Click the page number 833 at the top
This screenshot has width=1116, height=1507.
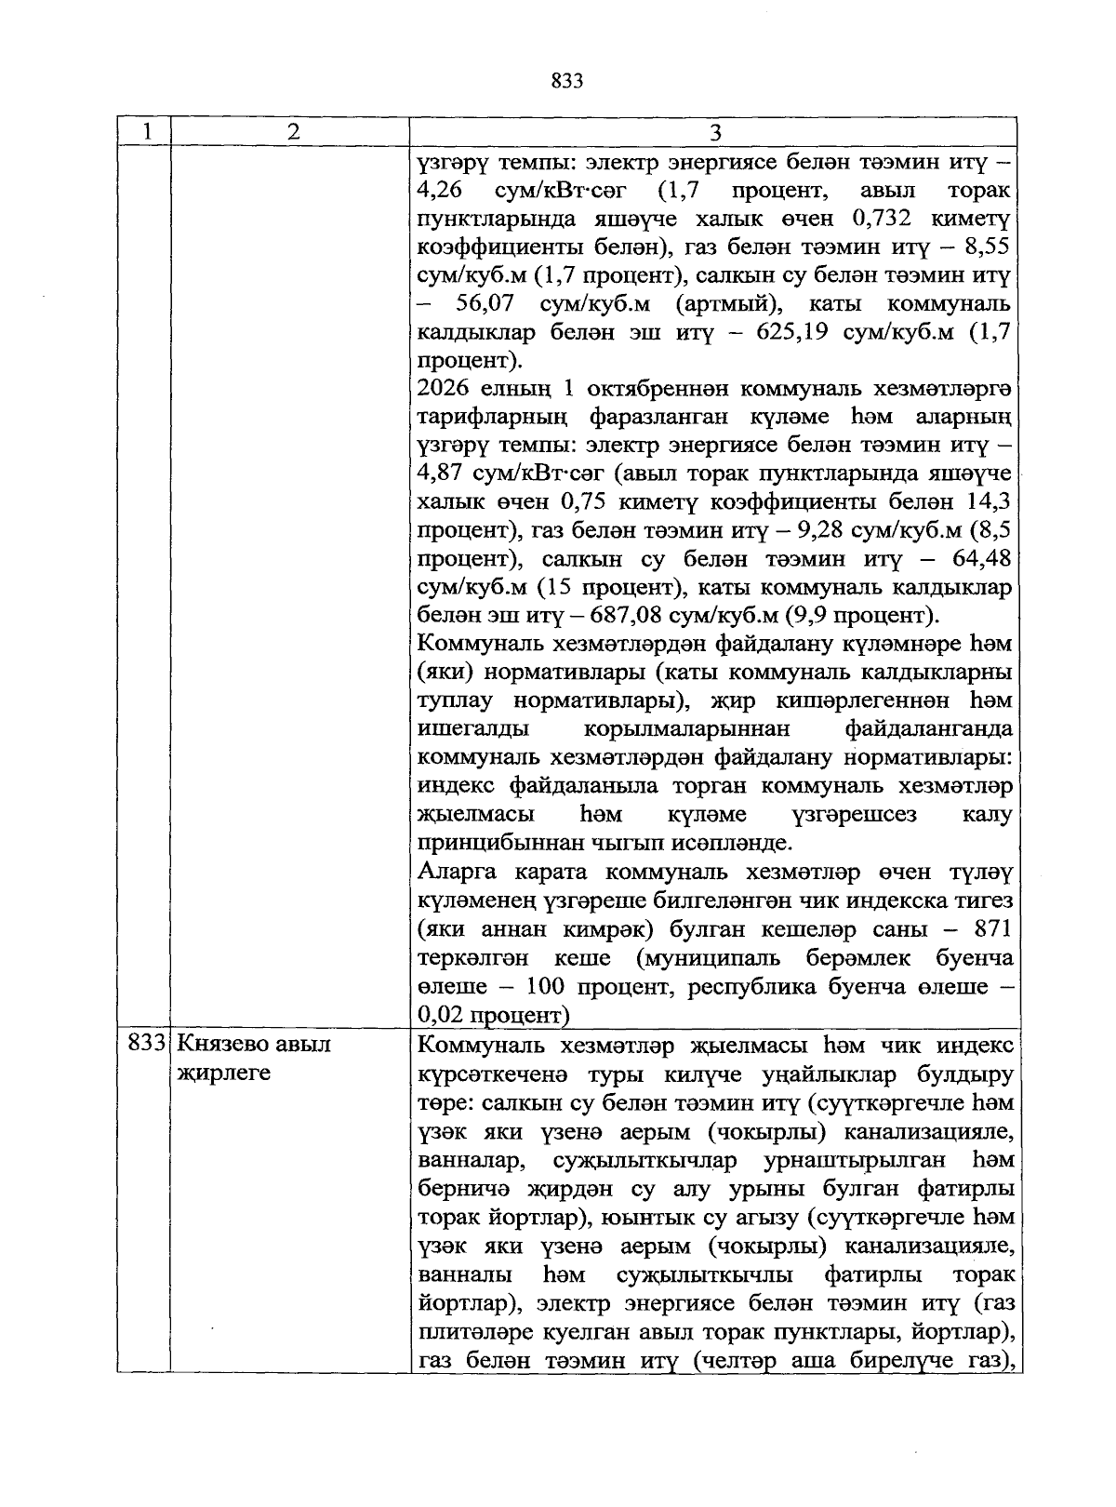click(x=566, y=81)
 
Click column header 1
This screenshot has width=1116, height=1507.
click(x=147, y=132)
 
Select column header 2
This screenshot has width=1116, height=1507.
click(x=293, y=132)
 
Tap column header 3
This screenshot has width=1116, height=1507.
click(x=715, y=132)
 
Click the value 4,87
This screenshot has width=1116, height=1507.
click(x=442, y=473)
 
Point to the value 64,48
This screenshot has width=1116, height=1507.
click(x=982, y=559)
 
